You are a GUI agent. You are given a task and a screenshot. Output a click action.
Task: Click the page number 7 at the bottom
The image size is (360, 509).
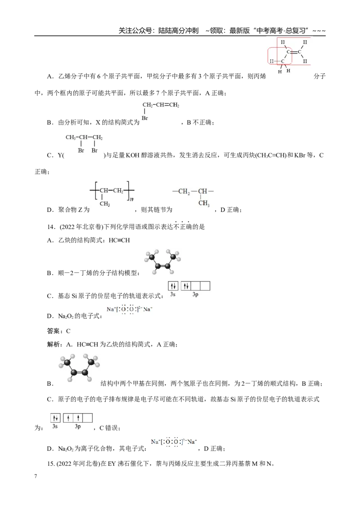(x=36, y=476)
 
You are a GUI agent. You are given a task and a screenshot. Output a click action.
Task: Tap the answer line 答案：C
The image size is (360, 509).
(x=59, y=331)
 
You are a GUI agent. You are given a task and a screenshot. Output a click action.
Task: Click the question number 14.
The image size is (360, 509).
(x=51, y=227)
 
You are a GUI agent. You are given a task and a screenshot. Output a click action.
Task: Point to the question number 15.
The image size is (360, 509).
(x=51, y=464)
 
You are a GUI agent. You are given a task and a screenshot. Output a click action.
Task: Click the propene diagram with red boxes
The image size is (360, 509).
(x=289, y=56)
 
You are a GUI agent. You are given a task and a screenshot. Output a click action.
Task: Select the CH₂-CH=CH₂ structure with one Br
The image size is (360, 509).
(x=161, y=111)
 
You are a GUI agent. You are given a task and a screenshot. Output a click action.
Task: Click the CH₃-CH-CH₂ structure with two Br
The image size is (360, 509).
(x=84, y=143)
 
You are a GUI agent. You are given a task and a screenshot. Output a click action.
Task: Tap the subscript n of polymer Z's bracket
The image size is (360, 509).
(x=131, y=199)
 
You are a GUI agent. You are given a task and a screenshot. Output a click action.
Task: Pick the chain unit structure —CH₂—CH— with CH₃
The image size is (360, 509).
(x=193, y=196)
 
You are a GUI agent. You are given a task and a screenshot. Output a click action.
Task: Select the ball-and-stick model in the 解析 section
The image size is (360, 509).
(x=79, y=368)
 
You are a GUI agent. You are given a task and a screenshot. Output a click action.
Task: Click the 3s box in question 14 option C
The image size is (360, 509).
(x=173, y=286)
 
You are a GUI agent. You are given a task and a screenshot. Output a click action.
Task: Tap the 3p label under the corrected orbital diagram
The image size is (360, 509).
(x=78, y=426)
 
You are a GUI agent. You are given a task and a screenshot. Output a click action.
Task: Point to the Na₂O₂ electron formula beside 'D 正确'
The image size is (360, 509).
(x=174, y=442)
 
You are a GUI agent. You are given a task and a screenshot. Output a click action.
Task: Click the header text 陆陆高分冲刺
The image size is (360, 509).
(x=178, y=31)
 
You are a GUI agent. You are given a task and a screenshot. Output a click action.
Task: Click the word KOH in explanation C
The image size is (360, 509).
(x=133, y=156)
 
